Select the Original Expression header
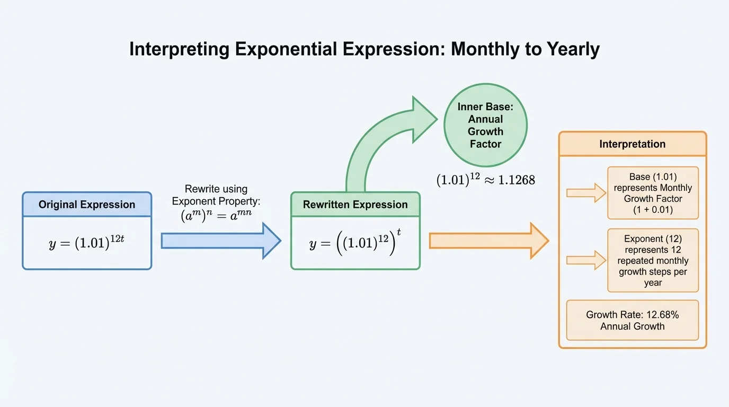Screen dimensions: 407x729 coord(87,205)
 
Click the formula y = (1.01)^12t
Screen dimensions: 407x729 coord(87,243)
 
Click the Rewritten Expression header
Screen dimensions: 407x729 coord(355,205)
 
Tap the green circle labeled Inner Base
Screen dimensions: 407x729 coord(485,125)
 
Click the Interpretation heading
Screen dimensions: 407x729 coord(632,144)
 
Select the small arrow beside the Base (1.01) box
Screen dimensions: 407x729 coord(586,193)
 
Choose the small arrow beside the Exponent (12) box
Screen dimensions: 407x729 coord(586,260)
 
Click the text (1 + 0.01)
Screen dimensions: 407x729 coord(653,210)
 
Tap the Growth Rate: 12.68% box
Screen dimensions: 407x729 coord(632,320)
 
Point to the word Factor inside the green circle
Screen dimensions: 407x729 coord(485,144)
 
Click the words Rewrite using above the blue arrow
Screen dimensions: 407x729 coord(216,189)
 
